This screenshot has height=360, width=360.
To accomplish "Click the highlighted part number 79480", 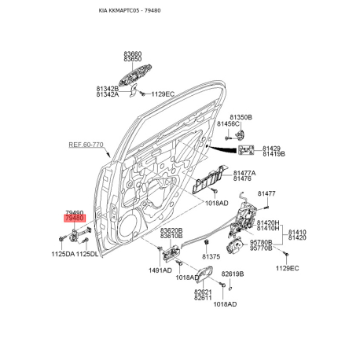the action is pyautogui.click(x=75, y=218).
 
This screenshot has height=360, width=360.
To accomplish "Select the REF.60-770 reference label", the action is pyautogui.click(x=86, y=145).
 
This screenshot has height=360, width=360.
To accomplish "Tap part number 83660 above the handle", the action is pyautogui.click(x=133, y=54).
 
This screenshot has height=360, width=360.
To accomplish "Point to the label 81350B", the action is pyautogui.click(x=241, y=117).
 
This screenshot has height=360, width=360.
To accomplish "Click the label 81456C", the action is pyautogui.click(x=228, y=123).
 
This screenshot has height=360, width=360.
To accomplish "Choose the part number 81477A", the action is pyautogui.click(x=244, y=173).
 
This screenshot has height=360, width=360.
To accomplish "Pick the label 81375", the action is pyautogui.click(x=211, y=256).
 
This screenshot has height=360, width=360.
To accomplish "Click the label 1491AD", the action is pyautogui.click(x=160, y=270).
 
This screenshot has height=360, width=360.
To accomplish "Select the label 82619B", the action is pyautogui.click(x=233, y=274).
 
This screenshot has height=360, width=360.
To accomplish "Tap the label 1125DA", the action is pyautogui.click(x=63, y=254).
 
